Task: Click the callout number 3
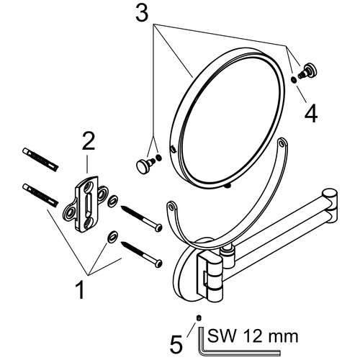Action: [x=142, y=12]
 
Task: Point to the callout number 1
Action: [x=81, y=290]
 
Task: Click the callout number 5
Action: [x=176, y=343]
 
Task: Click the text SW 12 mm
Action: [x=253, y=336]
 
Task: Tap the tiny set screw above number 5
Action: [x=199, y=318]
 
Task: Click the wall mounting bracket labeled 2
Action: [x=86, y=204]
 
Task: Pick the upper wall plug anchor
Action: [x=40, y=159]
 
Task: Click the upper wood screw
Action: [x=142, y=218]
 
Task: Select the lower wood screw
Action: [x=142, y=254]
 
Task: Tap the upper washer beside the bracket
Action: [x=112, y=201]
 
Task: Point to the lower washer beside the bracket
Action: [x=112, y=237]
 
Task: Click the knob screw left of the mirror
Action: [x=145, y=165]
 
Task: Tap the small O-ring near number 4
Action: [x=293, y=80]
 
